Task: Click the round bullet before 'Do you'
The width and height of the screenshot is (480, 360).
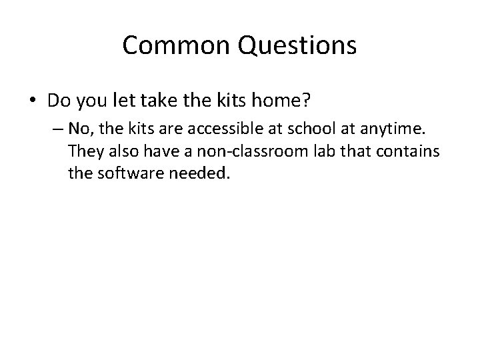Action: click(33, 101)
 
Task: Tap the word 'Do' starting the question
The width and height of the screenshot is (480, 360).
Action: click(57, 101)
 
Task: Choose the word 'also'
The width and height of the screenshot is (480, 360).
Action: click(122, 152)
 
